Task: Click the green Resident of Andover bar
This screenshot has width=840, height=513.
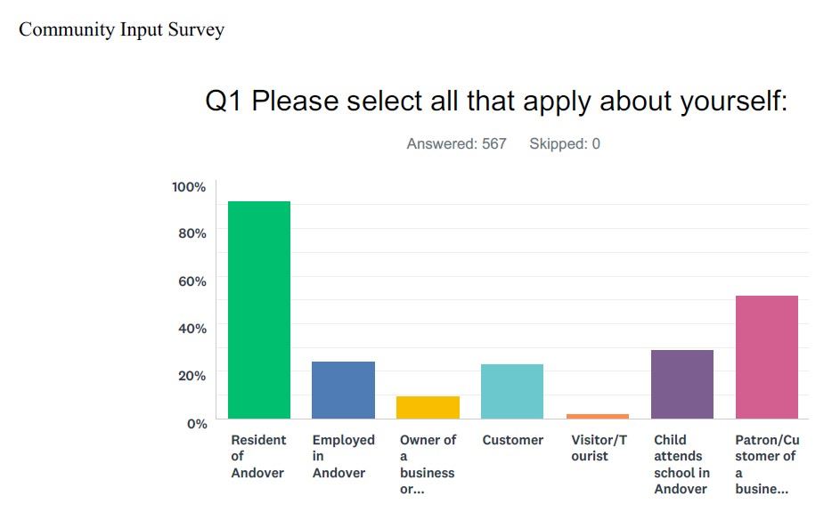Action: (259, 310)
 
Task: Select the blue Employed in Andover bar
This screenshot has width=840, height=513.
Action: (343, 390)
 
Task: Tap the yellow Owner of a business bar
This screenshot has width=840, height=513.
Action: (428, 407)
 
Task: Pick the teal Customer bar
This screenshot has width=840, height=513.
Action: (512, 391)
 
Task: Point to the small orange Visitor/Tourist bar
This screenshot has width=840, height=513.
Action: (597, 416)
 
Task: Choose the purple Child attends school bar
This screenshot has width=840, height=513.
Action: (682, 384)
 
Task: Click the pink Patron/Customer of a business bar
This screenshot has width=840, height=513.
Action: (767, 357)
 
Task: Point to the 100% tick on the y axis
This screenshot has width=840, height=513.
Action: (189, 187)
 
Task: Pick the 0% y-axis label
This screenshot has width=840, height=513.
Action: (196, 423)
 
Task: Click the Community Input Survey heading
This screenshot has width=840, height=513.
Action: (121, 29)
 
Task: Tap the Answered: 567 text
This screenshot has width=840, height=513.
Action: (456, 143)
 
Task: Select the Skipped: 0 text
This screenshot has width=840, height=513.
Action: (565, 143)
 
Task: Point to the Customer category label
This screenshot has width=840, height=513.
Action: (512, 440)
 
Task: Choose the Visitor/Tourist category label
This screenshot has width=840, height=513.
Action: (599, 448)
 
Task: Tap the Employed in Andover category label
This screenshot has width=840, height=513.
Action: (343, 456)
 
